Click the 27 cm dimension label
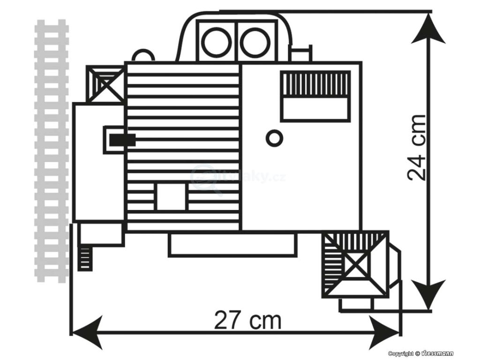click(x=248, y=321)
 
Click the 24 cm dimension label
click(x=416, y=147)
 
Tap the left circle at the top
click(x=217, y=41)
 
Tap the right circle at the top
click(x=255, y=41)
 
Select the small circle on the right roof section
click(x=274, y=138)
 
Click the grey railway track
click(x=52, y=150)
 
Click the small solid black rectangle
click(x=122, y=140)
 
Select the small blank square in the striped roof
click(x=171, y=197)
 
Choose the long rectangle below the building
click(x=232, y=245)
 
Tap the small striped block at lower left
click(x=84, y=257)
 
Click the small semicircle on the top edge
click(x=143, y=56)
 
